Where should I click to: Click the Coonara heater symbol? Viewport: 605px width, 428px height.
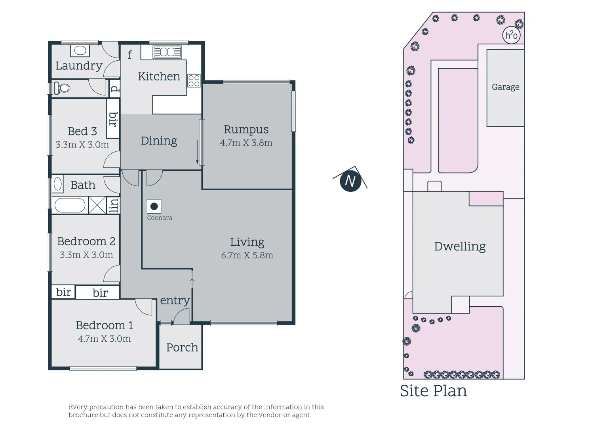click(154, 206)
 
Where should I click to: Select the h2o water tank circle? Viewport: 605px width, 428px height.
click(511, 35)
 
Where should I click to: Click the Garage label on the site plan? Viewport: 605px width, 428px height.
click(505, 87)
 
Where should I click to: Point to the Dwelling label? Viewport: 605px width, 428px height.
click(460, 246)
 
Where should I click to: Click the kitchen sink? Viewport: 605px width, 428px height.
click(167, 52)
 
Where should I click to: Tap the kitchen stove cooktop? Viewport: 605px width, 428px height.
click(194, 80)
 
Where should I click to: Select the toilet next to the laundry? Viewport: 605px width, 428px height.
click(62, 88)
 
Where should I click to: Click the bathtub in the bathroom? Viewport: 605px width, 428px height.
click(70, 206)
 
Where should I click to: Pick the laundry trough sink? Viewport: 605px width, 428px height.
click(80, 51)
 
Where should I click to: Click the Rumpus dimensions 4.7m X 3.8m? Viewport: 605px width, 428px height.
click(246, 143)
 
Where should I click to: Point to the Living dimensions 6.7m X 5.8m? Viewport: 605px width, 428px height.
click(247, 255)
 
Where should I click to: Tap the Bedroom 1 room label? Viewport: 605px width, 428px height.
click(104, 325)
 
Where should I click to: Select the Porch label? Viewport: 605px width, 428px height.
click(182, 348)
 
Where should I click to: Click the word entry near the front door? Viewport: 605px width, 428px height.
click(175, 300)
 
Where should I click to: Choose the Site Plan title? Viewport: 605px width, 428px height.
click(433, 391)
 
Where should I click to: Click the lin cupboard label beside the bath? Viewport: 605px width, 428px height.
click(114, 205)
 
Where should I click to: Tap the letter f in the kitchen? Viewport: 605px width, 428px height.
click(129, 54)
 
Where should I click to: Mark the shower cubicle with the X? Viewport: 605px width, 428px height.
click(97, 205)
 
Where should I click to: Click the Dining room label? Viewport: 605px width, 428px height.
click(159, 141)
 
